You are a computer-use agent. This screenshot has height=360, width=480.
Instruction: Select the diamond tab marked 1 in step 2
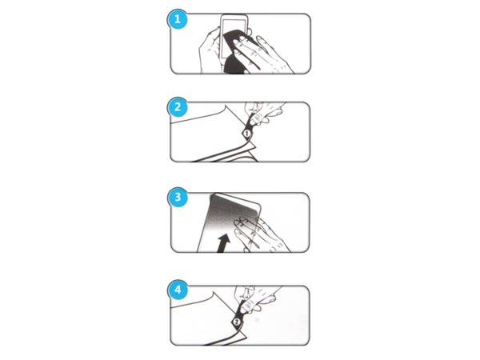[246, 134]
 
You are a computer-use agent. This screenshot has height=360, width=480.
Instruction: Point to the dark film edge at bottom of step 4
[216, 340]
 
